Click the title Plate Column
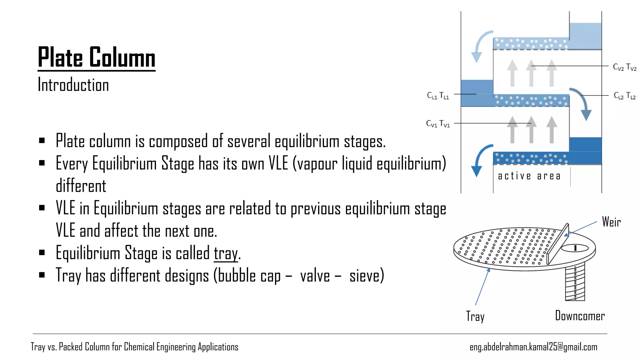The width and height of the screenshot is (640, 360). pos(97,57)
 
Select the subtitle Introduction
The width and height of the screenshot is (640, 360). pos(73,85)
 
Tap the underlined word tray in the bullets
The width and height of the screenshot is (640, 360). pos(226,253)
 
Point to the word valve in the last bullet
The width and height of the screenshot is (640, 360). pos(315,276)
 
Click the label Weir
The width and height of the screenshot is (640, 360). pos(611,222)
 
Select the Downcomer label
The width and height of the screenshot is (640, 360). pos(580,316)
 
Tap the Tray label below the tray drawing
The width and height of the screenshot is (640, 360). pos(475,317)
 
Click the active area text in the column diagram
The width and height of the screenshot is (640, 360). pos(529,176)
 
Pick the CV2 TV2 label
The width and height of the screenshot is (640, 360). pos(624,67)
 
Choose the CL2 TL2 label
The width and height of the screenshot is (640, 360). pos(624,96)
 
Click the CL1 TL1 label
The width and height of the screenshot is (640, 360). pos(437,96)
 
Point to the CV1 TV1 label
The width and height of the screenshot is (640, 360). pos(437,124)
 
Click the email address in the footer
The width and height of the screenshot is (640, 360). pos(533,347)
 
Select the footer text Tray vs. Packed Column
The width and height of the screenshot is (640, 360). pos(134,347)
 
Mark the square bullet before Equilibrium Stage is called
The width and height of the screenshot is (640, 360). pos(42,252)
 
